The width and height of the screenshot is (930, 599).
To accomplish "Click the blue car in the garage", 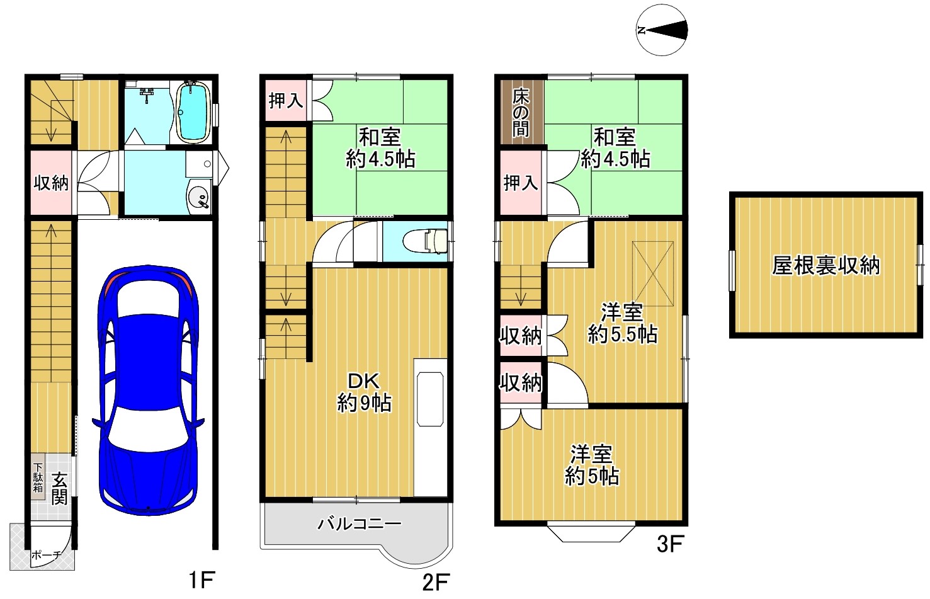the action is [x=148, y=391].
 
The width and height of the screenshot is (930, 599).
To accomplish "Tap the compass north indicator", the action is [x=662, y=30].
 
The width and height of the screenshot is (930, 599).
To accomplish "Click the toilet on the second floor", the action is [x=426, y=241].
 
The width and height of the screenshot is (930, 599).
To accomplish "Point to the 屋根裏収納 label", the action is [x=825, y=265].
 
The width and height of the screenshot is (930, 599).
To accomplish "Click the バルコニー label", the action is [x=359, y=524].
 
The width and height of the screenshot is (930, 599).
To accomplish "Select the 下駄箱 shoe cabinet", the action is [x=38, y=477].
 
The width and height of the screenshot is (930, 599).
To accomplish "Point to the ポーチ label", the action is [x=46, y=556].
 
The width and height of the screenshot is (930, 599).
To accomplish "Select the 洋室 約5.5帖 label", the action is [x=622, y=323].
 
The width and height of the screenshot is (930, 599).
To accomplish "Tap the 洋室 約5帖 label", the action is [x=592, y=465].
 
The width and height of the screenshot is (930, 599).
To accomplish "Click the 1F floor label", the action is [x=201, y=579].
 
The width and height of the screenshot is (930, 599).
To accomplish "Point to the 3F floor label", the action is [x=671, y=544].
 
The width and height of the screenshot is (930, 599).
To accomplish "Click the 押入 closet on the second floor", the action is [x=286, y=101].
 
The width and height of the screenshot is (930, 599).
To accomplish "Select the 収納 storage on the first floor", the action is [x=52, y=182].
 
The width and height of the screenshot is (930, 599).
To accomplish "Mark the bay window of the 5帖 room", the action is [x=591, y=533].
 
